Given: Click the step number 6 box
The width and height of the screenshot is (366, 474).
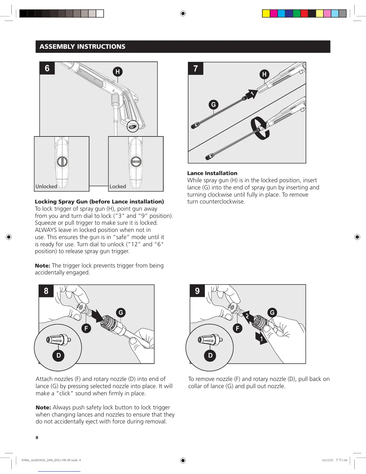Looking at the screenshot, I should point(47,68).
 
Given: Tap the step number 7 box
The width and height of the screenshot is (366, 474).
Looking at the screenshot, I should point(196,69).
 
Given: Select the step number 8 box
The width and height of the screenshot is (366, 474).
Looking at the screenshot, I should point(46,291).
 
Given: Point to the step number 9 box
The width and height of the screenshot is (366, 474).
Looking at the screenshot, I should point(197,291).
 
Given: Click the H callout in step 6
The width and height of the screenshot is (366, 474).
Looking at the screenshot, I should point(118,72).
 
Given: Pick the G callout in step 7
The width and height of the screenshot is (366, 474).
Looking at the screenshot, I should point(213,104).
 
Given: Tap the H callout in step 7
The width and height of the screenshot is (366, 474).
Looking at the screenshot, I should point(264,74).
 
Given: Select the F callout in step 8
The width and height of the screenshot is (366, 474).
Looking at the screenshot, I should point(86,328).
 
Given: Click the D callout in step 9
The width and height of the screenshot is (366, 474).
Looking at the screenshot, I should point(210,355).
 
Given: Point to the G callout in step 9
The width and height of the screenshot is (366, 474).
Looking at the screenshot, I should point(272,313).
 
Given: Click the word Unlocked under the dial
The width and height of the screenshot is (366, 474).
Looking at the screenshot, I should point(46,186).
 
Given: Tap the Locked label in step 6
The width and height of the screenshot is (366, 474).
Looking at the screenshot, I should point(118,186).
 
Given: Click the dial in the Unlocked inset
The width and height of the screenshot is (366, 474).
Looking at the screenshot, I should point(62,162).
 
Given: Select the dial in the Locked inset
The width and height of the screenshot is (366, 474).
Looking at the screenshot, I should point(136,162).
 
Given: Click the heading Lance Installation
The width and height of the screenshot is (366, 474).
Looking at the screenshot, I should point(212,173).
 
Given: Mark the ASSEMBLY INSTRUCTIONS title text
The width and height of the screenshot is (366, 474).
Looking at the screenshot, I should point(83,47).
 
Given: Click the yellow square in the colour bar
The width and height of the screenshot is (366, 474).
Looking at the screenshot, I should point(266,13).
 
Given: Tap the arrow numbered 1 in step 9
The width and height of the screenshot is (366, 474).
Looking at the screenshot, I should point(261,338).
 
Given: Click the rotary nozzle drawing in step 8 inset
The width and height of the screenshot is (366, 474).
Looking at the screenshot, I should point(59,339).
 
